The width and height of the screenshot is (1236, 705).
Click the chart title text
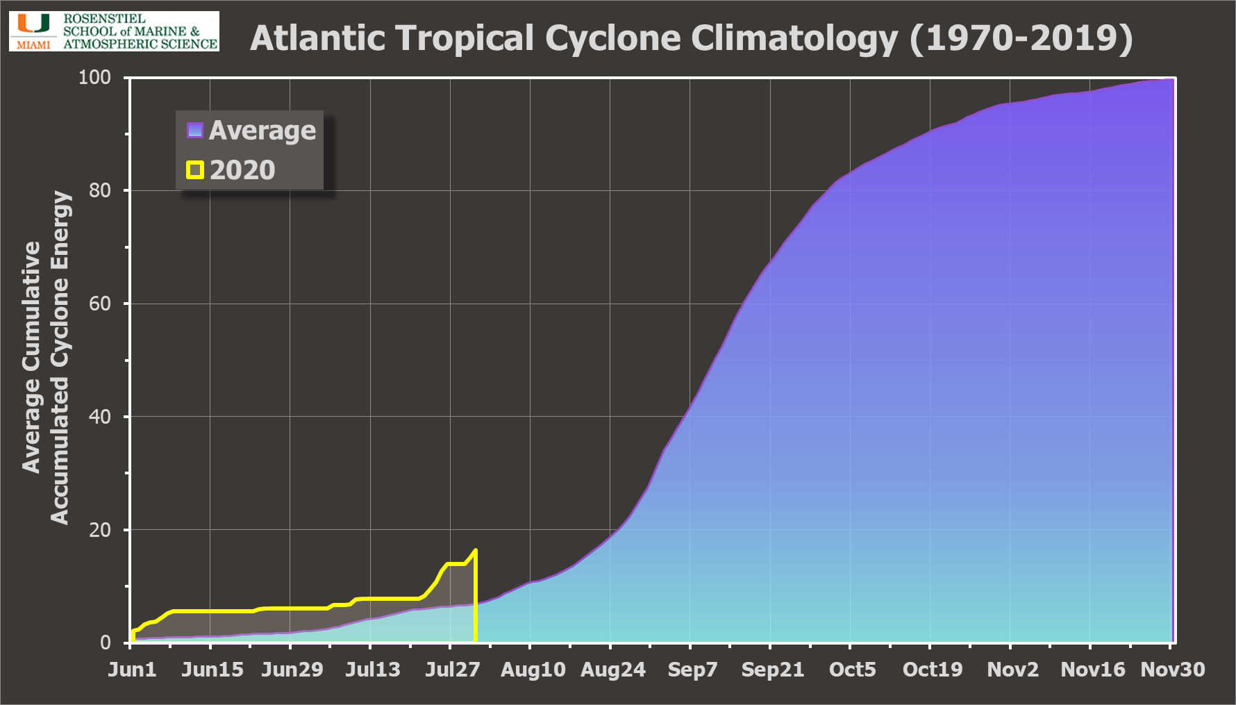691,38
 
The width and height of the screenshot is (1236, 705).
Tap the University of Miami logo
114,31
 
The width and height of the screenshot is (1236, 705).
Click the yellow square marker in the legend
195,170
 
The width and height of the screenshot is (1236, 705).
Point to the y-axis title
46,358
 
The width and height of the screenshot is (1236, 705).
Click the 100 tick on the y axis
95,77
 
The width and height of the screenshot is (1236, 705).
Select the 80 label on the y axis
100,190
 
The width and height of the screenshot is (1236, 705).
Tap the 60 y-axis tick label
100,304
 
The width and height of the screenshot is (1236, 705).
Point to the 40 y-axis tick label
100,417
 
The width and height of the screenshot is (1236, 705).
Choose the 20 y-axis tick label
100,530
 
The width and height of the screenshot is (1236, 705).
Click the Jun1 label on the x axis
132,670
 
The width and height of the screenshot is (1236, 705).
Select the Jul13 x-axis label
373,670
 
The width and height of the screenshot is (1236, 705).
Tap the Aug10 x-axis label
533,670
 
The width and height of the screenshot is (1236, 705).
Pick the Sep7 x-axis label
692,670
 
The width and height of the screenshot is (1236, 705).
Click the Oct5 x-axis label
853,670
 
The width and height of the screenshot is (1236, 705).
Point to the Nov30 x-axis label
1173,670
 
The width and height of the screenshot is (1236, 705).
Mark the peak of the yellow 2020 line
475,551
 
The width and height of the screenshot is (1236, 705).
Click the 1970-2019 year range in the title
1021,38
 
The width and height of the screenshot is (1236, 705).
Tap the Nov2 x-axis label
1013,670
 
